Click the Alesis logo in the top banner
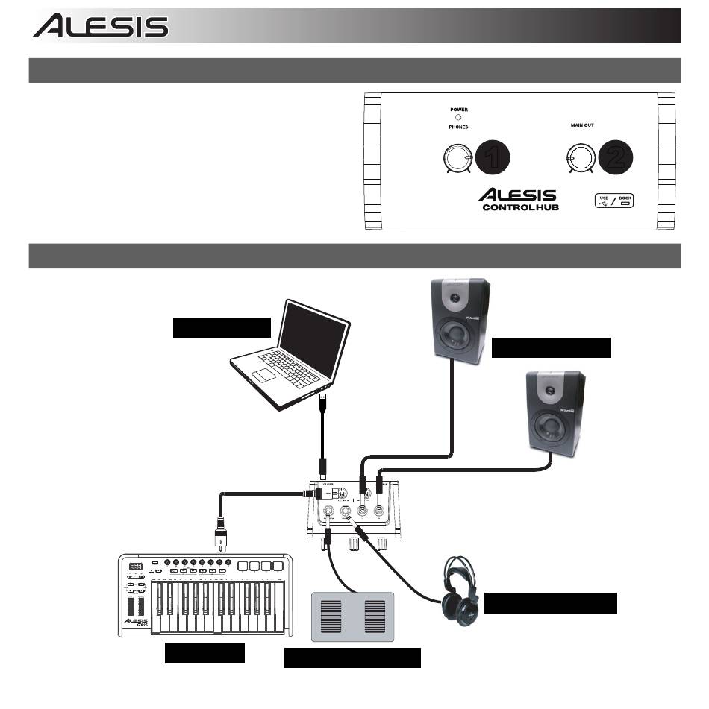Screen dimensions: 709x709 pos(100,27)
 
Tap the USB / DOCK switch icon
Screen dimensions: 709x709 pos(614,201)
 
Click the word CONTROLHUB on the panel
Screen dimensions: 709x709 pos(520,207)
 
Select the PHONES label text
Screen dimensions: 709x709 pos(459,127)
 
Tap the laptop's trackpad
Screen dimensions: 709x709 pos(266,371)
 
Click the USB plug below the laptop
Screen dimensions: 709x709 pos(323,406)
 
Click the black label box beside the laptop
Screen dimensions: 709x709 pos(222,327)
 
